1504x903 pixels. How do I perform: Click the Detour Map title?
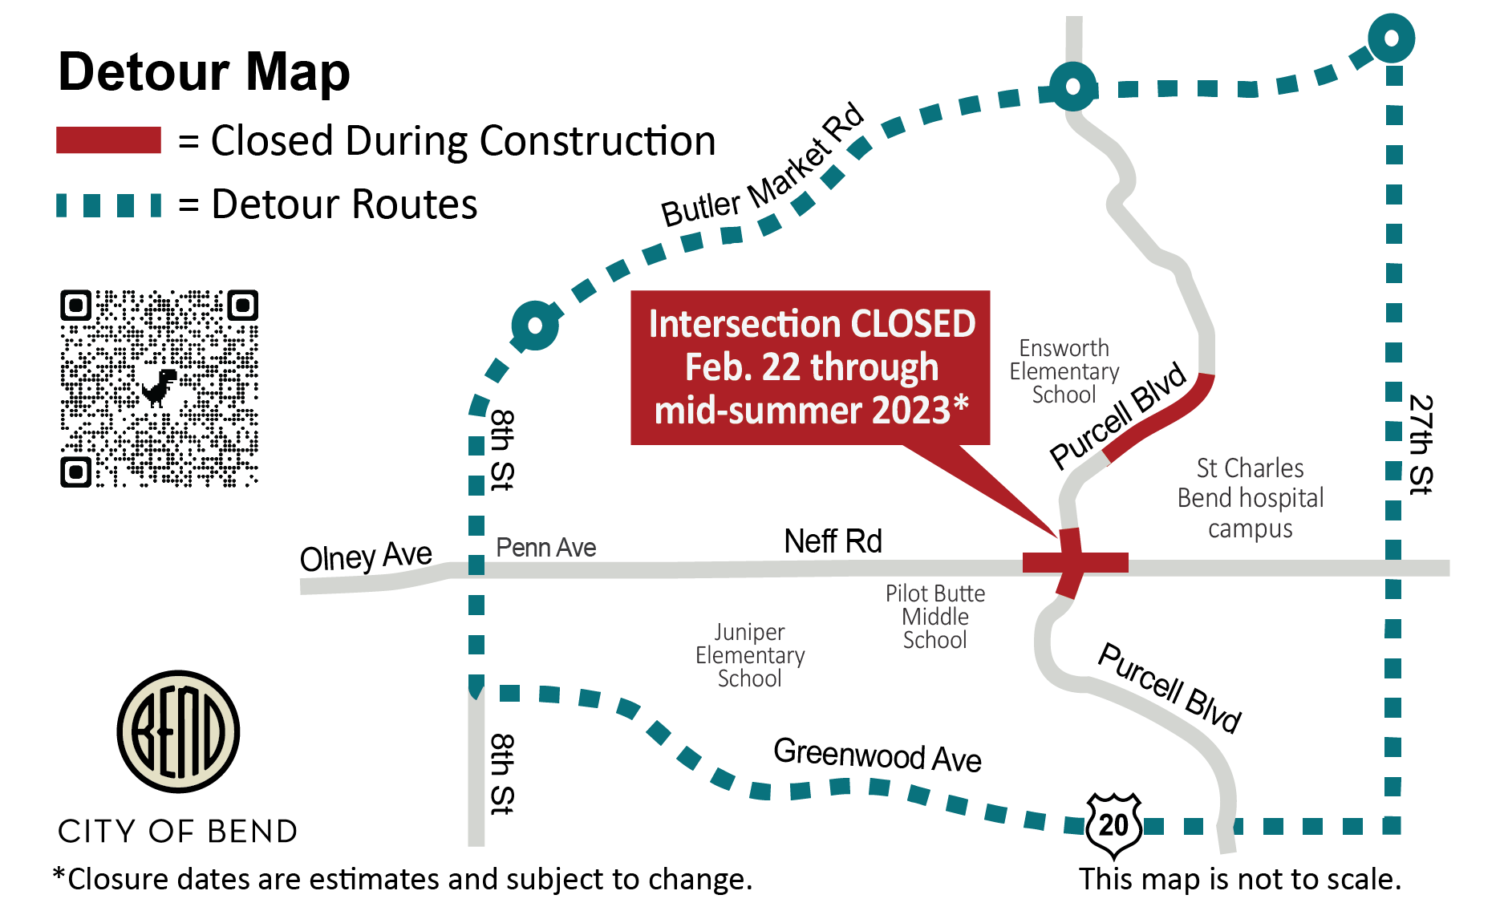[x=204, y=72]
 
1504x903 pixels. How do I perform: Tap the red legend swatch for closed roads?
[x=108, y=140]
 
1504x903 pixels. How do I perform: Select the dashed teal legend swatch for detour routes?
[x=108, y=205]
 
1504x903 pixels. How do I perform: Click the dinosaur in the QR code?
[x=160, y=387]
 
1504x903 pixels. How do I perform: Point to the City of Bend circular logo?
[x=178, y=731]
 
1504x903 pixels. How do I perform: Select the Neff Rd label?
[x=833, y=541]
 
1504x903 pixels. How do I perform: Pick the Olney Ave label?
[x=366, y=557]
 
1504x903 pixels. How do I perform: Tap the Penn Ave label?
[x=545, y=548]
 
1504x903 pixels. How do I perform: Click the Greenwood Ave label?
[x=877, y=755]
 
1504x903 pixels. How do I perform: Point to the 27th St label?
[x=1421, y=445]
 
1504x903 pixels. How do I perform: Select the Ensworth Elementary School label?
[x=1064, y=371]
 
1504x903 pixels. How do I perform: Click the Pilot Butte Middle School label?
[x=935, y=617]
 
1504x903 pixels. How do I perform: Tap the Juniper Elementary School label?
[x=750, y=655]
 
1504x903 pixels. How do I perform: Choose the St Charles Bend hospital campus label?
[x=1251, y=498]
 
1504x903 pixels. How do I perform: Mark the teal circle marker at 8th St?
[x=535, y=326]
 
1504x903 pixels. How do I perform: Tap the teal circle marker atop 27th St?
[x=1391, y=38]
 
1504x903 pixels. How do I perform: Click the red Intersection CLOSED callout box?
[x=810, y=367]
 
